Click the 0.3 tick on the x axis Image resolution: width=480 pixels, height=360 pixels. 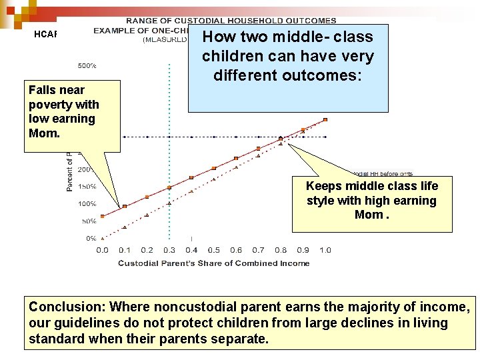click(169, 250)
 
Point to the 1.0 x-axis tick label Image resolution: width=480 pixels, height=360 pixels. click(325, 250)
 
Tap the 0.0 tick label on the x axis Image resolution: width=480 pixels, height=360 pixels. click(102, 250)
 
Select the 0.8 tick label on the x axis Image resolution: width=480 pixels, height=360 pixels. click(281, 250)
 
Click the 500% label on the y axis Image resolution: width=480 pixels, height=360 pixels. click(87, 66)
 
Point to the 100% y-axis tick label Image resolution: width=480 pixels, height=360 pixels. click(87, 203)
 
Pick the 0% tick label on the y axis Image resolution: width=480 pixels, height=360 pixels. click(90, 238)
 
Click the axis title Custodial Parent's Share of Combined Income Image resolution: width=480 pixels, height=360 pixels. click(213, 263)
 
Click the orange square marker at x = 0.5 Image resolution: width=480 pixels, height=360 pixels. click(213, 168)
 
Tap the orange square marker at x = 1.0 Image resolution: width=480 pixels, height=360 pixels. click(325, 120)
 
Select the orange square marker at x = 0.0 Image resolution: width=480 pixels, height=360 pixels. click(102, 216)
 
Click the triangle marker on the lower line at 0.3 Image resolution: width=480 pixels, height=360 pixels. click(169, 203)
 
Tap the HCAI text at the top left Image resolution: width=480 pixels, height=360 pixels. click(46, 35)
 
